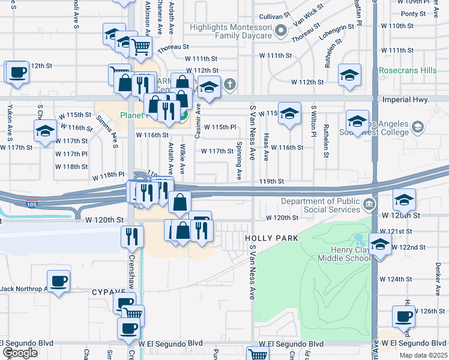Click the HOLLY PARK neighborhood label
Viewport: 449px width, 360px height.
click(x=271, y=238)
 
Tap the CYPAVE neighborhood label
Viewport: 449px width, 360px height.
click(x=108, y=292)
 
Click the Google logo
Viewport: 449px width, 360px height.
click(x=20, y=353)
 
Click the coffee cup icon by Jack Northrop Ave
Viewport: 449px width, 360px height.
click(x=59, y=281)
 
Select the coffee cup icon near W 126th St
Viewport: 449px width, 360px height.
click(x=403, y=316)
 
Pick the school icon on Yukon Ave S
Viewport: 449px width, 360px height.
click(x=44, y=133)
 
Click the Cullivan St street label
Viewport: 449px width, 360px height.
click(x=275, y=17)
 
